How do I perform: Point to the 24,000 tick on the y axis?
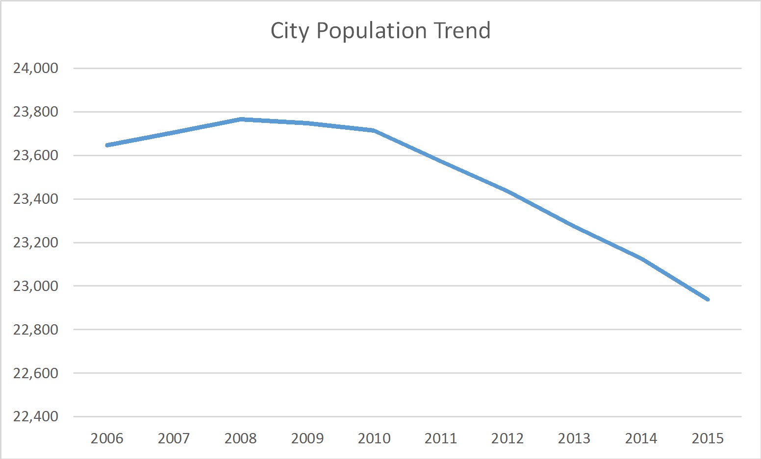point(36,68)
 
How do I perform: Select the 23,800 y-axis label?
point(36,112)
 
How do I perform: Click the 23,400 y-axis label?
point(36,199)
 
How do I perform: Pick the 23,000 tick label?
point(36,286)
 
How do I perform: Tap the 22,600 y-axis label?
point(36,373)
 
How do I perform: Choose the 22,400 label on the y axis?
point(36,417)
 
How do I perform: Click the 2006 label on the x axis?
point(107,438)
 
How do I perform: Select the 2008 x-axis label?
point(240,438)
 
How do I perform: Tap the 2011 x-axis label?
point(441,438)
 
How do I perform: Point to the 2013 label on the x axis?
point(574,438)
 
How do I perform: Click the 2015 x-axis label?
point(708,438)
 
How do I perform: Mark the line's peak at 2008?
point(241,119)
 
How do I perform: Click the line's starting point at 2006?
point(107,145)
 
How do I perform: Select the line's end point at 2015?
point(707,299)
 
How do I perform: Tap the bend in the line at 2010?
point(374,130)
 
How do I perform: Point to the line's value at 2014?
point(641,259)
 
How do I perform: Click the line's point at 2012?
point(507,192)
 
